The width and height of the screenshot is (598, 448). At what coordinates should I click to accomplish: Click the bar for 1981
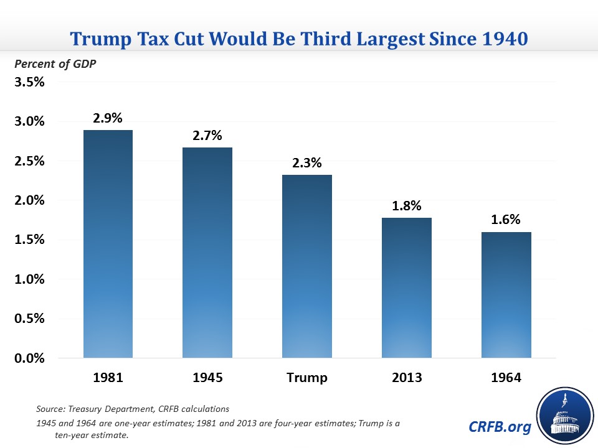click(x=108, y=244)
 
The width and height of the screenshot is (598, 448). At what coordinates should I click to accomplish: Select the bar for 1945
click(x=207, y=253)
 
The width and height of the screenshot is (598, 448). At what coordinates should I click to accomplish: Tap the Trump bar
click(x=307, y=266)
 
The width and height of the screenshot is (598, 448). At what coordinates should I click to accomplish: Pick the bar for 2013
click(x=407, y=287)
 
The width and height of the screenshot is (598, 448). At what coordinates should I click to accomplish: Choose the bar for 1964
click(x=506, y=295)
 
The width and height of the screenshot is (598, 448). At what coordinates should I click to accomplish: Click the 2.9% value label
click(x=108, y=118)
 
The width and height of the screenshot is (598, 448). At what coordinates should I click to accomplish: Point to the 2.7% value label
click(x=207, y=135)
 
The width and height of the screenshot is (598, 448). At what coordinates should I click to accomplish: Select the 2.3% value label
click(x=307, y=163)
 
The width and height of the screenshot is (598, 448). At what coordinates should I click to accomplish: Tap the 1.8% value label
click(x=407, y=205)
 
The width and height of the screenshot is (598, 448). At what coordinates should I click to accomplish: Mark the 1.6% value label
click(x=506, y=220)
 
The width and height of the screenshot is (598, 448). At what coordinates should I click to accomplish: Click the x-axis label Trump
click(x=307, y=378)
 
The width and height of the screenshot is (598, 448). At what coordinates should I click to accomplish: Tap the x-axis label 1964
click(x=506, y=378)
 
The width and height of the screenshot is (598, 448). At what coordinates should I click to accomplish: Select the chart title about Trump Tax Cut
click(x=299, y=39)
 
